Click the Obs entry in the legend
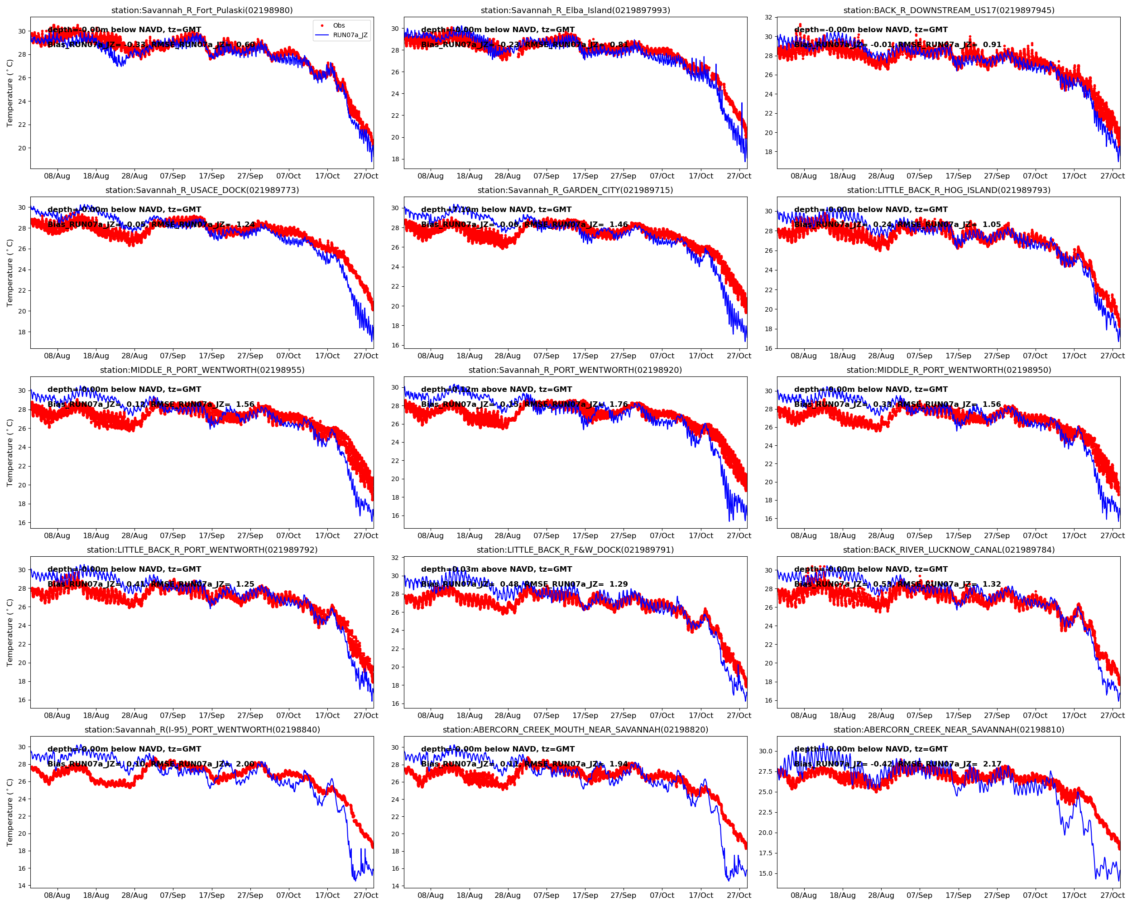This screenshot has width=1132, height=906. (339, 25)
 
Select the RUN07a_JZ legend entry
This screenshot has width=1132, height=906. (350, 35)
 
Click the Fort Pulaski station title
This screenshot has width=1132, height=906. (202, 10)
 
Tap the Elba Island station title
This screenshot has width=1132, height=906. (575, 10)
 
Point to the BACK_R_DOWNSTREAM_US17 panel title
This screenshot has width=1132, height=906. (948, 10)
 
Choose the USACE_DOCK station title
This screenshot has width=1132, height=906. (202, 190)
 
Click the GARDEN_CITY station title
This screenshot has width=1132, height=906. (575, 190)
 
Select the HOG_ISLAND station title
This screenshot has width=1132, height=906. (948, 190)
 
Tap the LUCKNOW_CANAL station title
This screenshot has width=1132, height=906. (948, 550)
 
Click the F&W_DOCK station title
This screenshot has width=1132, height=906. (575, 550)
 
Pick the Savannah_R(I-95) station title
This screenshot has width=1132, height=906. (202, 729)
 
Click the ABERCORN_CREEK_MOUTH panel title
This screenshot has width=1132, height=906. (575, 729)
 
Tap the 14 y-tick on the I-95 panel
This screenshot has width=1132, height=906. (22, 886)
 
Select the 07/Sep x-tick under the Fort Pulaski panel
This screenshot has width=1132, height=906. (173, 176)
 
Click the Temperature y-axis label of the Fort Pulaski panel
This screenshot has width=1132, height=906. (10, 93)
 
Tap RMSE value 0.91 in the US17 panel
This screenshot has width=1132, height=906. (992, 45)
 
